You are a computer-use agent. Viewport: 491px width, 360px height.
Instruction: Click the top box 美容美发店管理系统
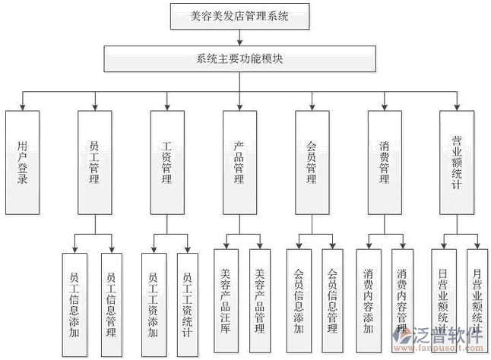click(x=239, y=14)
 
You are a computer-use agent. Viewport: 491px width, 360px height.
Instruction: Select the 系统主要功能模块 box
click(x=239, y=58)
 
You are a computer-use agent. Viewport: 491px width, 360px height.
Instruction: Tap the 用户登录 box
click(x=22, y=162)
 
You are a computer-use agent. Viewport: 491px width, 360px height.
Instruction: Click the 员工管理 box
click(x=94, y=162)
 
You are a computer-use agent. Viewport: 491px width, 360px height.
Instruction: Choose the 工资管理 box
click(x=167, y=162)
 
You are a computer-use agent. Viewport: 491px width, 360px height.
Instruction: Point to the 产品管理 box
click(x=239, y=162)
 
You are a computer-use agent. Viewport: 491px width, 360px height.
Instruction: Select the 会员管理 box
click(x=311, y=162)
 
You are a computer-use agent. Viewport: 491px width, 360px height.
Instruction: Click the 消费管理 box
click(x=384, y=162)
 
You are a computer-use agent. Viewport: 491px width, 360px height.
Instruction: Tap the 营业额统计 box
click(x=457, y=162)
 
